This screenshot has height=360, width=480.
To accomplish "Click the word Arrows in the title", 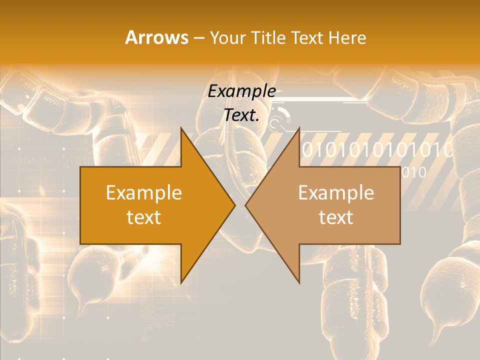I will tap(156, 37).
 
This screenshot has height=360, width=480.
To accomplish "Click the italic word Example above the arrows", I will tap(242, 91).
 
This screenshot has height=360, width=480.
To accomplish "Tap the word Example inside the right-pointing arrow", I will tap(144, 192).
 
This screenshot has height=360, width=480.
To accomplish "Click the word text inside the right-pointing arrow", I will tap(144, 217).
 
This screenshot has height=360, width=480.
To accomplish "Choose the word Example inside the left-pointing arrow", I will tap(336, 192).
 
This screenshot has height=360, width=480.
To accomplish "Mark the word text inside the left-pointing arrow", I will tap(336, 217).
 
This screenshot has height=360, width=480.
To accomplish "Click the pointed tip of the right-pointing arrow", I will tap(234, 205).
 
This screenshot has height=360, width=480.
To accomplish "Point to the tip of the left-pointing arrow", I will tap(246, 205).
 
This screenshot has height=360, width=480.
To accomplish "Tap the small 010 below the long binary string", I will tap(413, 173).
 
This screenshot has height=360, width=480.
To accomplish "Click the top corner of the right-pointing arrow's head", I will tap(181, 128).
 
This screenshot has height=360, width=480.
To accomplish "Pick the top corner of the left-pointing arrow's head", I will tap(299, 128).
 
